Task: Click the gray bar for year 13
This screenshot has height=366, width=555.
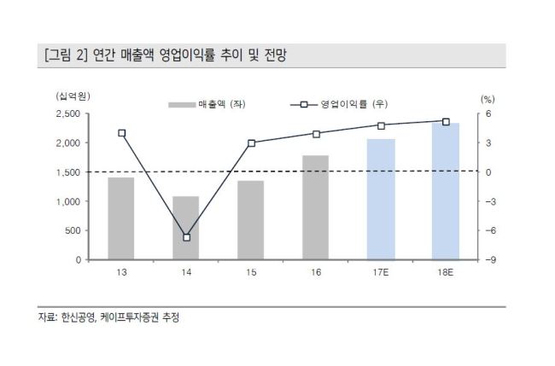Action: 121,218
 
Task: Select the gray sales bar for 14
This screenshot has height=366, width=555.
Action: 186,228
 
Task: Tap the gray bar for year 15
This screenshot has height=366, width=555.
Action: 250,220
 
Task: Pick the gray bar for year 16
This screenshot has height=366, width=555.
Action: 315,207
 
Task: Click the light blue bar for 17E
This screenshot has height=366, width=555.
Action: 381,200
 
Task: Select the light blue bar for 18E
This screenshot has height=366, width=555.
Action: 446,191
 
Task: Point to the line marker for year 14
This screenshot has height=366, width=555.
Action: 186,238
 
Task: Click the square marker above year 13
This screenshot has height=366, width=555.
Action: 122,133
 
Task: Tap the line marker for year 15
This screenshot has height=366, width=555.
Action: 251,143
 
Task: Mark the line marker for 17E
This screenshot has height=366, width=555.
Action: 381,126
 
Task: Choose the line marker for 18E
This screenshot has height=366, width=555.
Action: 446,122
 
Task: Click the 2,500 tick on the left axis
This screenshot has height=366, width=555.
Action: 68,113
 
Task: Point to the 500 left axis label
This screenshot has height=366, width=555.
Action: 73,230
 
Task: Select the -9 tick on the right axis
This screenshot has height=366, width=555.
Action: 491,260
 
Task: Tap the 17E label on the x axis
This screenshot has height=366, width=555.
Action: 381,272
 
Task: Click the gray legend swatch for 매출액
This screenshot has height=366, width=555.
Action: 182,105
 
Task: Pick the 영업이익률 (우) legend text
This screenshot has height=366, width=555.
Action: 354,104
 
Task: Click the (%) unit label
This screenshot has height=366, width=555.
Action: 488,99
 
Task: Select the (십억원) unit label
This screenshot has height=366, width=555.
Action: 73,96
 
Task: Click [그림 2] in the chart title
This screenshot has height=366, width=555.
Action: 66,55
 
